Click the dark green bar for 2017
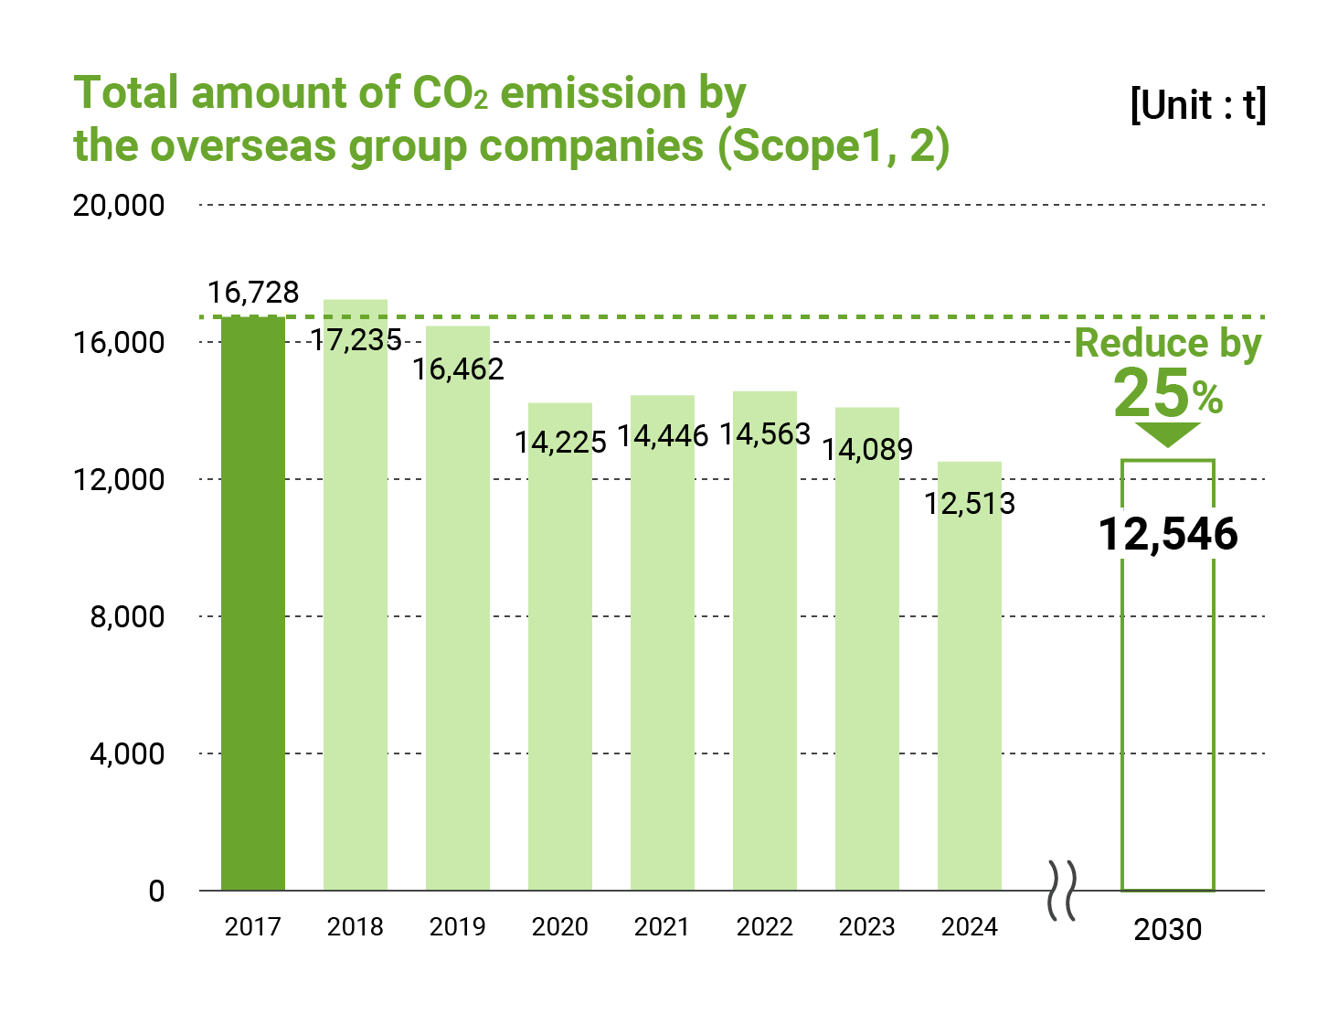(253, 604)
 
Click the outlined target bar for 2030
(1168, 713)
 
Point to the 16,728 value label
(253, 293)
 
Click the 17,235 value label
(356, 340)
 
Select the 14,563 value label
(765, 433)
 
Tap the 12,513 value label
(970, 503)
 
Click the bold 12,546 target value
(1168, 534)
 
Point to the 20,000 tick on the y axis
(119, 205)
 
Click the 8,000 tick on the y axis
(127, 616)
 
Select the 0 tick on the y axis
(156, 891)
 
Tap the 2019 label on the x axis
(458, 927)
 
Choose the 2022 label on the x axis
(765, 927)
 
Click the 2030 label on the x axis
(1168, 929)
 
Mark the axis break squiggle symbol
(1062, 891)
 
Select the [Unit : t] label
(1198, 105)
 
